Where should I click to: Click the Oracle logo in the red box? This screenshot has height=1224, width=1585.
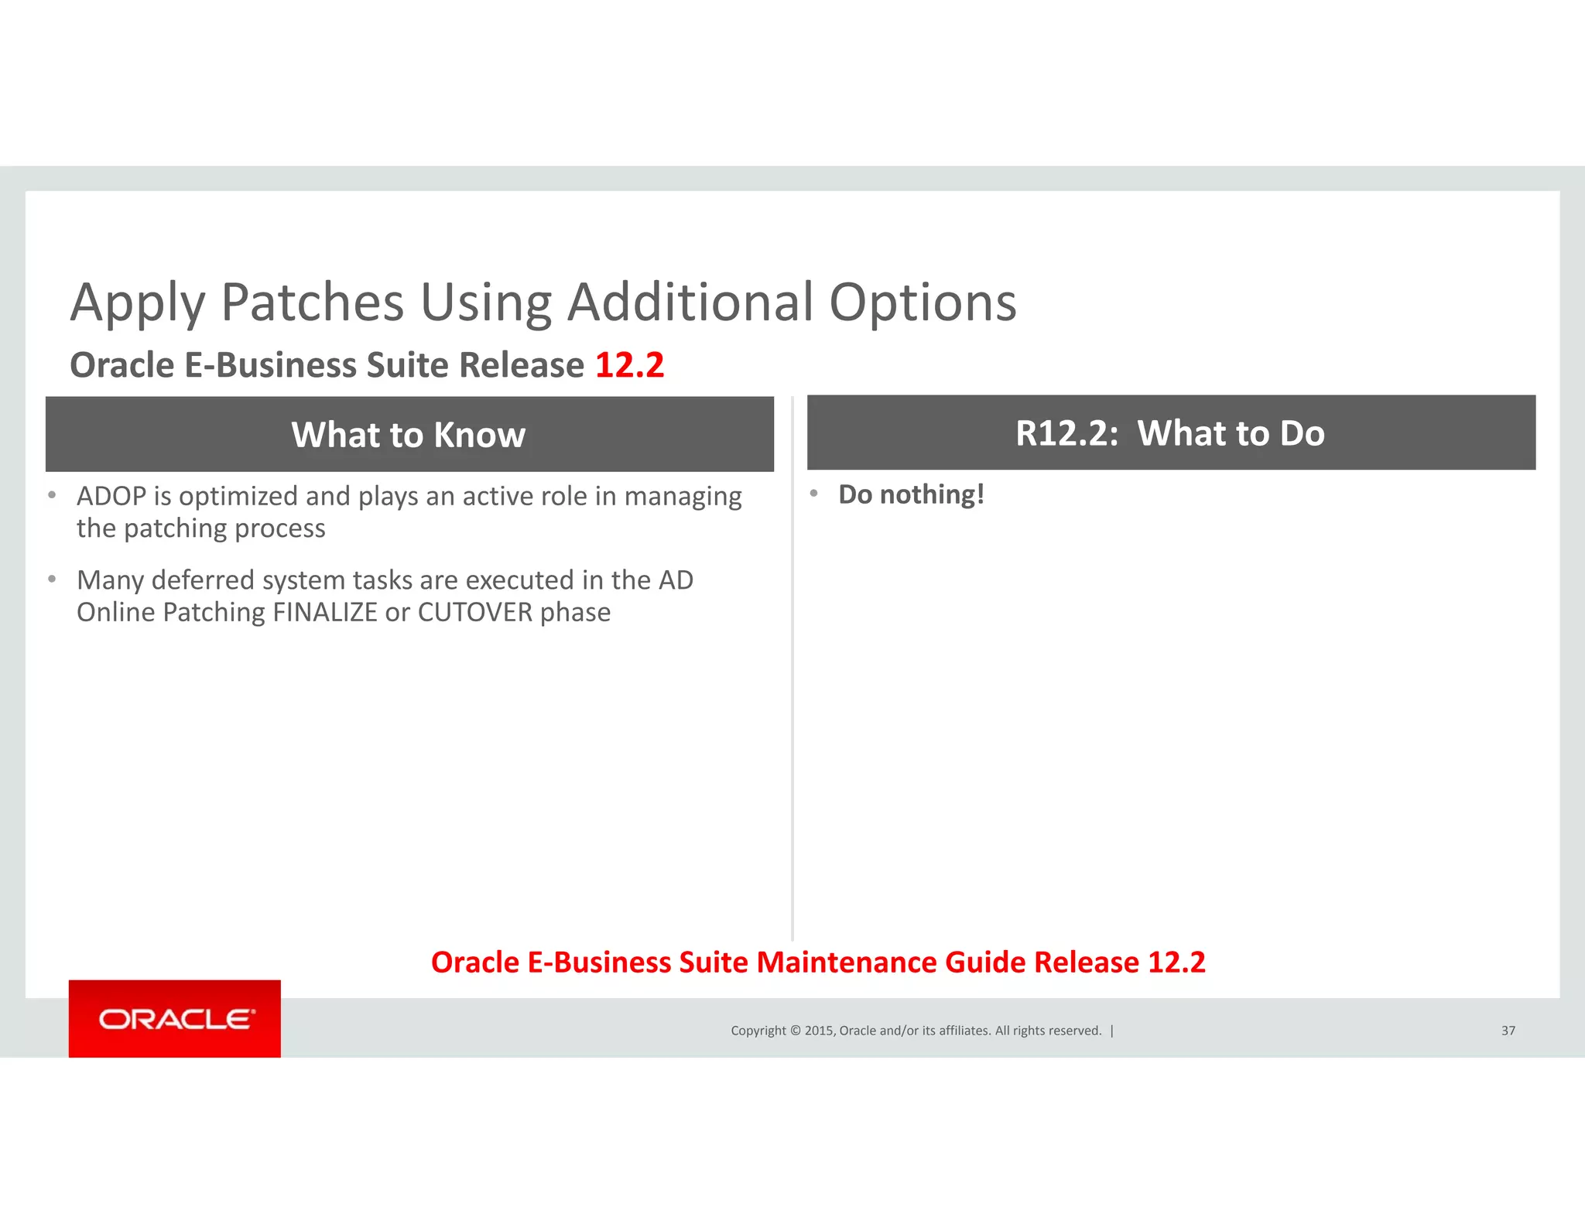tap(176, 1019)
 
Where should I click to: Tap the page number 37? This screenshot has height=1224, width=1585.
tap(1508, 1031)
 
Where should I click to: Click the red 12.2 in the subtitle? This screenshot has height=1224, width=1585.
tap(629, 365)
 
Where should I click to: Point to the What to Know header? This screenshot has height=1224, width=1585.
tap(409, 435)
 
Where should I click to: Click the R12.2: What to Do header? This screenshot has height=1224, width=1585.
tap(1170, 433)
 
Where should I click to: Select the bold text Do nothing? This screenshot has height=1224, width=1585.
tap(911, 494)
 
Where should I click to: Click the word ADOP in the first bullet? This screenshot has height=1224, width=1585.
tap(111, 496)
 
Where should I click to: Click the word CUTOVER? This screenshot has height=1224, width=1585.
tap(475, 612)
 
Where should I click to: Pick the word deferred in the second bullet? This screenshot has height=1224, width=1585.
tap(204, 580)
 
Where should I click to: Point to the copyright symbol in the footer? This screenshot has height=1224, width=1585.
tap(794, 1031)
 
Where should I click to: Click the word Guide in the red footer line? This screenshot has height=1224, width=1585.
tap(985, 962)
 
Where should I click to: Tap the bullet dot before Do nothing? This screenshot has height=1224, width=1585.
tap(814, 493)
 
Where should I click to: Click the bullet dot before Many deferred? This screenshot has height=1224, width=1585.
tap(52, 579)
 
